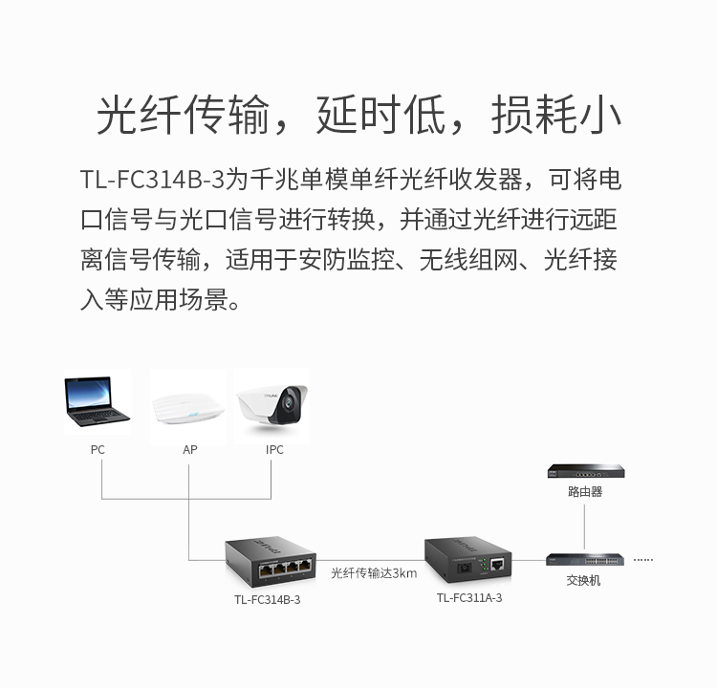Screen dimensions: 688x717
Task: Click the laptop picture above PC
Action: click(x=98, y=401)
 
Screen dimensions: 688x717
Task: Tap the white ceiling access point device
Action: click(x=189, y=409)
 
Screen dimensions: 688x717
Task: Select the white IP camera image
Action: click(x=272, y=405)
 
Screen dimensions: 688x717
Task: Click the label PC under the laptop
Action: click(x=98, y=450)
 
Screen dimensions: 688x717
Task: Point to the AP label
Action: click(x=189, y=450)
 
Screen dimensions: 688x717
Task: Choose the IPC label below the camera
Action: click(x=274, y=450)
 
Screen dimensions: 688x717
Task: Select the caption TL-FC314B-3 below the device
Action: click(x=268, y=600)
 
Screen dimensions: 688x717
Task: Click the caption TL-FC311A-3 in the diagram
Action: click(x=469, y=598)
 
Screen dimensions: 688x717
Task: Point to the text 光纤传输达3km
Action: click(x=374, y=573)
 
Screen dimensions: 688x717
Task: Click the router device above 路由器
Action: click(x=585, y=470)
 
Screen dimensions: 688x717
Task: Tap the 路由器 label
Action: click(x=585, y=492)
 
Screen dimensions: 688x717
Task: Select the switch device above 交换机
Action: click(x=584, y=559)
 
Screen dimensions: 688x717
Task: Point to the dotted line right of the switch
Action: click(x=643, y=559)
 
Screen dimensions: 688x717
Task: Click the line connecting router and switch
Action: click(x=584, y=526)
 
